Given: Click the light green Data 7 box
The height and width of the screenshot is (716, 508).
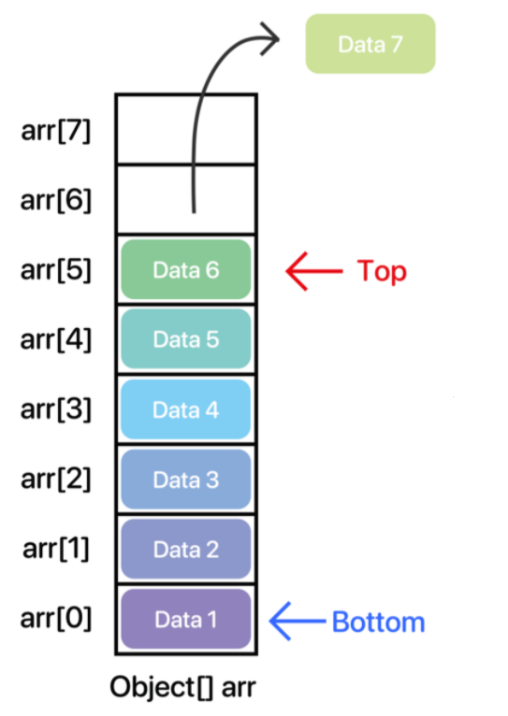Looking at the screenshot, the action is pyautogui.click(x=370, y=44).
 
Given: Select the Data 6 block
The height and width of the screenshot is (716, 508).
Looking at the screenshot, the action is pyautogui.click(x=186, y=269).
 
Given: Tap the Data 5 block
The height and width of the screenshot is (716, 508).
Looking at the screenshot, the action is pyautogui.click(x=186, y=338).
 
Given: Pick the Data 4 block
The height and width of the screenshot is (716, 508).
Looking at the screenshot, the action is pyautogui.click(x=186, y=409).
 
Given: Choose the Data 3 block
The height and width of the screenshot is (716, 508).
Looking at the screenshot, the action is pyautogui.click(x=186, y=479).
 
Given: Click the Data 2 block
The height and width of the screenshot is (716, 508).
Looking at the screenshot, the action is pyautogui.click(x=186, y=549).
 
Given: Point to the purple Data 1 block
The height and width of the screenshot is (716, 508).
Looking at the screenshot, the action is pyautogui.click(x=186, y=619).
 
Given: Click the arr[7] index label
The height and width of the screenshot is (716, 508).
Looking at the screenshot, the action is pyautogui.click(x=56, y=131).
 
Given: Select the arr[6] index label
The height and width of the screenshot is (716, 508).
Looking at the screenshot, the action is pyautogui.click(x=56, y=200).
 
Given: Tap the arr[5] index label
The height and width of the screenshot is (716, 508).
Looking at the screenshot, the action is pyautogui.click(x=56, y=270).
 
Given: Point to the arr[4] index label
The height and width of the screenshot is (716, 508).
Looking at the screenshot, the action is pyautogui.click(x=56, y=339).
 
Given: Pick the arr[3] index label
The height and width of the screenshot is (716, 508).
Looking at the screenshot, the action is pyautogui.click(x=56, y=409).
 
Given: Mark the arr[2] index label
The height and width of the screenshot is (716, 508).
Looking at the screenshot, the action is pyautogui.click(x=56, y=480).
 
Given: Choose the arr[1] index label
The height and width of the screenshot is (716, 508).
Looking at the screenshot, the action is pyautogui.click(x=56, y=549).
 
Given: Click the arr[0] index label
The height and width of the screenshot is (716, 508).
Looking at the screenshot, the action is pyautogui.click(x=56, y=619).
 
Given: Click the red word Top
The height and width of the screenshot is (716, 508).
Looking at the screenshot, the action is pyautogui.click(x=382, y=272).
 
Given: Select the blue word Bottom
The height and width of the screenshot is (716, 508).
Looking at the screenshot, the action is pyautogui.click(x=379, y=622).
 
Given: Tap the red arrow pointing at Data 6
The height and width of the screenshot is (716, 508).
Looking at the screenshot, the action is pyautogui.click(x=313, y=271).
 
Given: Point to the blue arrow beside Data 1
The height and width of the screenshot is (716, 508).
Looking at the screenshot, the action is pyautogui.click(x=298, y=621).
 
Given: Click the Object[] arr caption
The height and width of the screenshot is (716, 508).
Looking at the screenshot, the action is pyautogui.click(x=182, y=687).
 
